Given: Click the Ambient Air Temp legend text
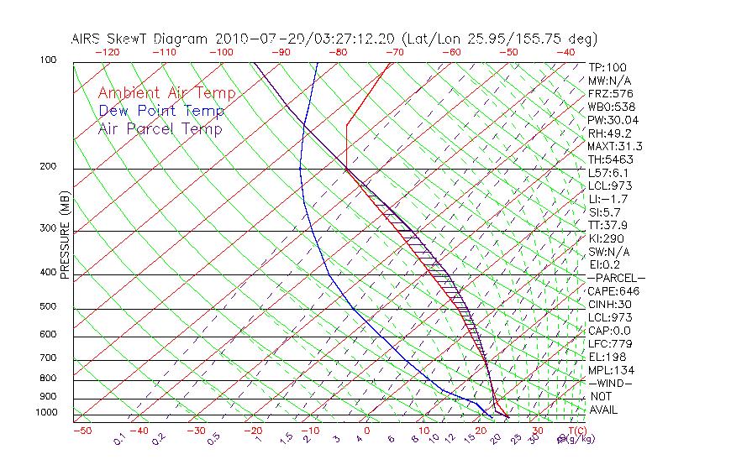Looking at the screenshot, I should click(x=166, y=94).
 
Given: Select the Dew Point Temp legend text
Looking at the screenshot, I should click(x=161, y=112).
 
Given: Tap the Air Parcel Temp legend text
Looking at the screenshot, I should click(x=160, y=129).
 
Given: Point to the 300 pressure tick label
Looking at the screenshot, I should click(x=49, y=227).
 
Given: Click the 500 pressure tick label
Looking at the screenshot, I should click(x=49, y=306).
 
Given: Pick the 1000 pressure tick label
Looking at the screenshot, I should click(x=47, y=412).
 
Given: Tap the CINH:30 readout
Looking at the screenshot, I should click(x=609, y=305).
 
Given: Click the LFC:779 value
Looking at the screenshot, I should click(x=607, y=344).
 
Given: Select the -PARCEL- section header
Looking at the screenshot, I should click(x=616, y=278).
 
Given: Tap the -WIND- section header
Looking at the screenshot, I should click(x=609, y=384).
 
